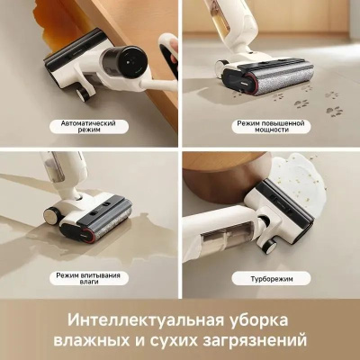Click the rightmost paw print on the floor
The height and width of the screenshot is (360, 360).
point(335,112)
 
